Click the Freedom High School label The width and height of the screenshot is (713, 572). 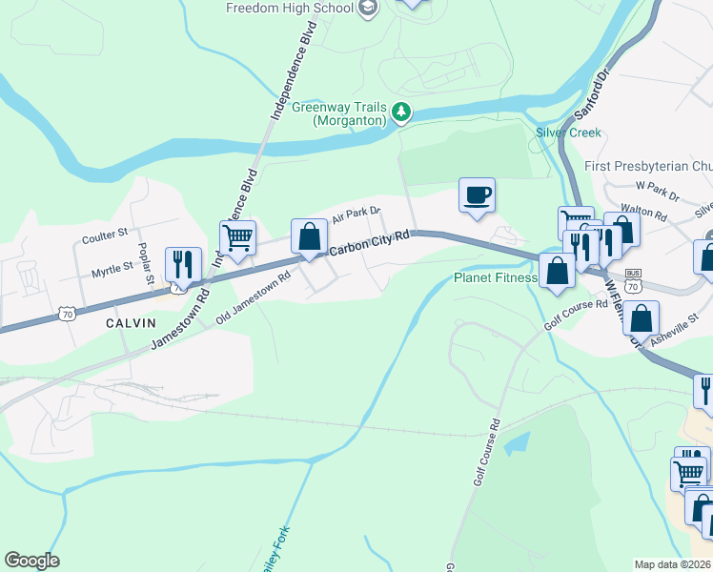[291, 8]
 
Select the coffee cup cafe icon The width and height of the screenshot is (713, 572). [477, 195]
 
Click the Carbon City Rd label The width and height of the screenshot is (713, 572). [370, 242]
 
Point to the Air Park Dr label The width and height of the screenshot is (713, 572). [356, 216]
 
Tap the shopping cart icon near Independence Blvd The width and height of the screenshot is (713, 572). [237, 237]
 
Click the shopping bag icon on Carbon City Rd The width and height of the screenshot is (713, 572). [309, 236]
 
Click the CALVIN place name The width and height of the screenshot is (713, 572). [131, 323]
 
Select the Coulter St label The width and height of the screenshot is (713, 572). [105, 234]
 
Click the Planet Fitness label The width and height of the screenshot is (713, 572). [495, 278]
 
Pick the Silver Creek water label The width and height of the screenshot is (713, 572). [568, 133]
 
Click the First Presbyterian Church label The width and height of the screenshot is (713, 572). [648, 166]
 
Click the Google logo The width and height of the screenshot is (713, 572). [31, 561]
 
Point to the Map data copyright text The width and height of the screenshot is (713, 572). [673, 563]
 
